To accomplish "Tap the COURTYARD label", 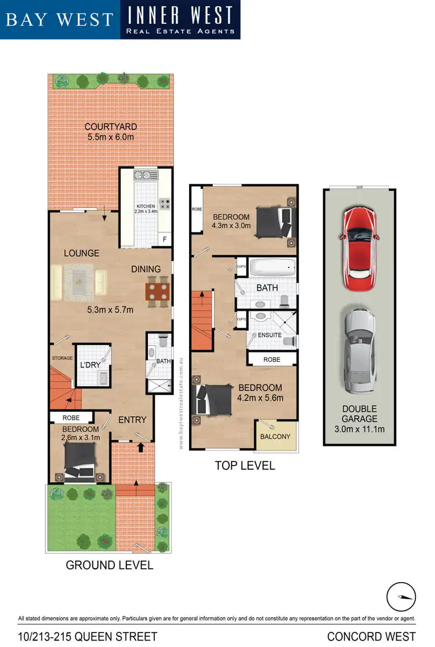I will pyautogui.click(x=111, y=127).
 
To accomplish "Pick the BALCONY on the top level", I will pyautogui.click(x=275, y=437).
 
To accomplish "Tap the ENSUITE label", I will pyautogui.click(x=270, y=335).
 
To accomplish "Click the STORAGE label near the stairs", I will pyautogui.click(x=62, y=358).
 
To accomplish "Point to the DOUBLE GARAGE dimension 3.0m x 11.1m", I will pyautogui.click(x=359, y=429).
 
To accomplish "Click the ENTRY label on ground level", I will pyautogui.click(x=132, y=420).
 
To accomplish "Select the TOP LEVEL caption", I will pyautogui.click(x=245, y=466).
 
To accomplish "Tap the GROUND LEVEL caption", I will pyautogui.click(x=110, y=565).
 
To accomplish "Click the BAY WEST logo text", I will pyautogui.click(x=59, y=19).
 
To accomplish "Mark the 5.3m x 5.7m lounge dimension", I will pyautogui.click(x=110, y=310).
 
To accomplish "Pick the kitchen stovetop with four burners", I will pyautogui.click(x=164, y=204).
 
